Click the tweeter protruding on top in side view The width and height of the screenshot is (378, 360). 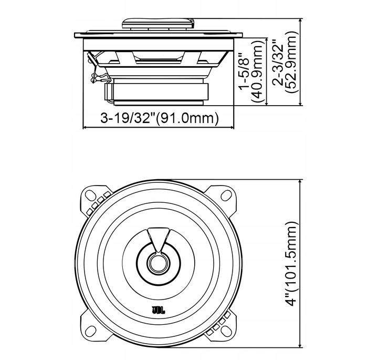[x=158, y=23]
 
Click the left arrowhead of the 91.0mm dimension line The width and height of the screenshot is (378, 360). [x=86, y=128]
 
